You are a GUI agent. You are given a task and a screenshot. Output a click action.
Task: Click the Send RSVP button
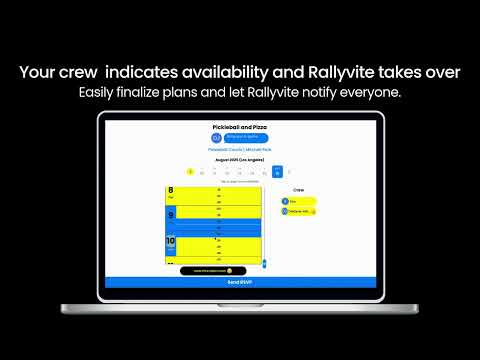coord(240,284)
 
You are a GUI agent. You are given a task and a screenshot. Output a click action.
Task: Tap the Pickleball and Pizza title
coord(240,128)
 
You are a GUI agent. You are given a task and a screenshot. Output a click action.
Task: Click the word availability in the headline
coord(229,72)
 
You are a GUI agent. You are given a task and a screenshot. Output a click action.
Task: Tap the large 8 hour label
coord(171,191)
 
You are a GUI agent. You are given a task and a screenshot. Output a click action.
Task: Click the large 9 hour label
coord(171,214)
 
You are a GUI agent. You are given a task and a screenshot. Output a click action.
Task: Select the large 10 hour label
coord(171,241)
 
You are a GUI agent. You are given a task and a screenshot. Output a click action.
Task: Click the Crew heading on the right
coord(298,189)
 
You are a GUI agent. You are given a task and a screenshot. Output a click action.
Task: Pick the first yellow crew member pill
coord(298,200)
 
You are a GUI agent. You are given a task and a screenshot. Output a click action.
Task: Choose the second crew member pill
coord(298,211)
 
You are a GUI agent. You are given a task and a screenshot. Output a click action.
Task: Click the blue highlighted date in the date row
coord(277,172)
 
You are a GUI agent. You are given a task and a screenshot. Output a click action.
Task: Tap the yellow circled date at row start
coord(190,172)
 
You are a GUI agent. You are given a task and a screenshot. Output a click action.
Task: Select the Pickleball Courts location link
coord(240,149)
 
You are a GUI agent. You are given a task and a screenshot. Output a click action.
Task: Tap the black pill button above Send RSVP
coord(207,270)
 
